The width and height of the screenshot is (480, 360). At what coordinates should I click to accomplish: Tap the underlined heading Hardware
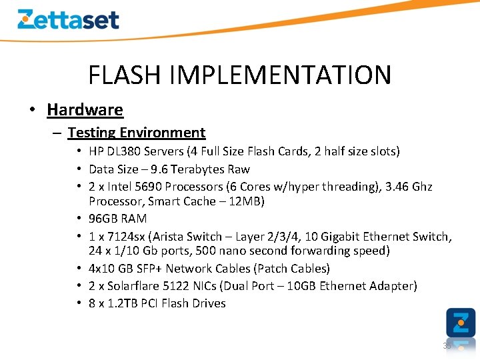point(85,109)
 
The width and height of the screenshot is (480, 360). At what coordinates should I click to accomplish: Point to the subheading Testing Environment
point(136,133)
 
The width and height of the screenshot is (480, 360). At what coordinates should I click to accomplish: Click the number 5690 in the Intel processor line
point(147,187)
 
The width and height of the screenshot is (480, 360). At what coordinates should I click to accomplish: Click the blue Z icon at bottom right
point(460,323)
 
